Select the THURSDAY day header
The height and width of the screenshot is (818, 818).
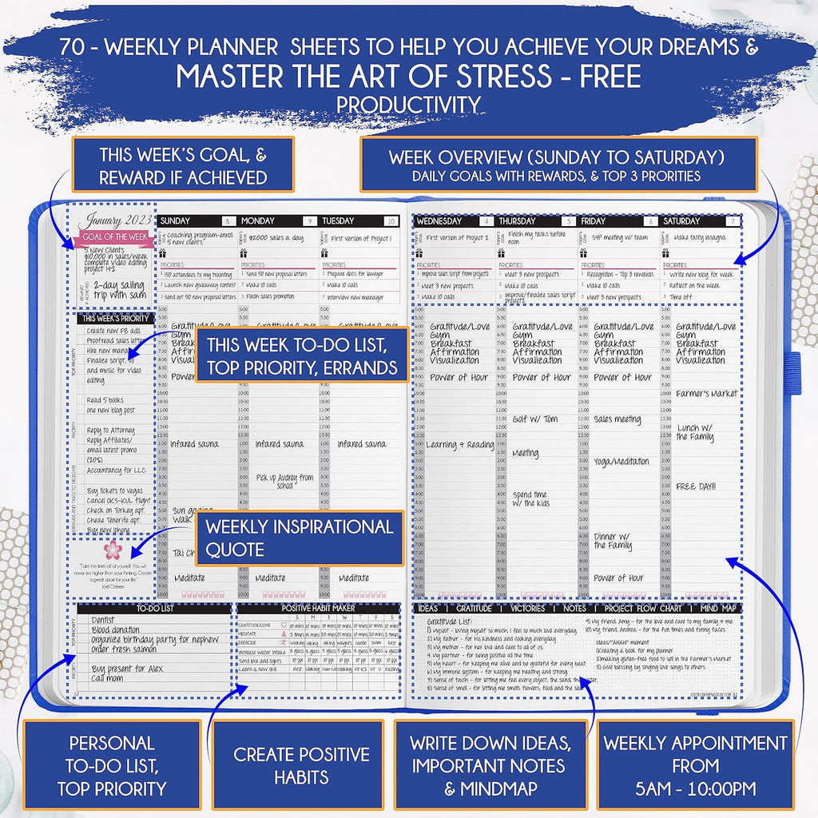[x=516, y=221]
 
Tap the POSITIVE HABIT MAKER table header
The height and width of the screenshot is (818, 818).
[x=317, y=609]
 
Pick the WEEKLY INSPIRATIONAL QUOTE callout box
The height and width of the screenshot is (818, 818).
[x=299, y=538]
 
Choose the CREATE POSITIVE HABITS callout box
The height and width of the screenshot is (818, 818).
[x=301, y=764]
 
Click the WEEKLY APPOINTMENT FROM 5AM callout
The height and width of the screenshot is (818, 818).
[x=694, y=764]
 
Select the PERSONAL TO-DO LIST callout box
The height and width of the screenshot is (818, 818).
[x=111, y=764]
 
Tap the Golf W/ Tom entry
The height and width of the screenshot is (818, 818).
[x=534, y=419]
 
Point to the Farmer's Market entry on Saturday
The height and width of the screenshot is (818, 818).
[x=706, y=394]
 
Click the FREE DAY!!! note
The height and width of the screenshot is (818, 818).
[x=696, y=486]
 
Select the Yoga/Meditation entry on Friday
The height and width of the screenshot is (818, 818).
[x=621, y=462]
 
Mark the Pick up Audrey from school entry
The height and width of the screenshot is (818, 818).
[x=284, y=481]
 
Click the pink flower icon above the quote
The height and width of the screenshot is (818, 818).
[x=113, y=549]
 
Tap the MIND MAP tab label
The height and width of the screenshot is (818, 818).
[x=719, y=609]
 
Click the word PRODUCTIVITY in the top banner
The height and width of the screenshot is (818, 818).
[x=408, y=105]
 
